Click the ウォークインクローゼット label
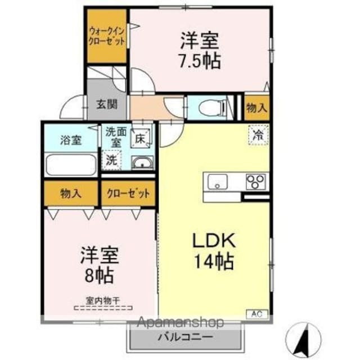106,36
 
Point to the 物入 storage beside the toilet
256,108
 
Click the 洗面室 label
115,138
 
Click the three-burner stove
256,182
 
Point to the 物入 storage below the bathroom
71,194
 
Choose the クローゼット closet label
128,194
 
